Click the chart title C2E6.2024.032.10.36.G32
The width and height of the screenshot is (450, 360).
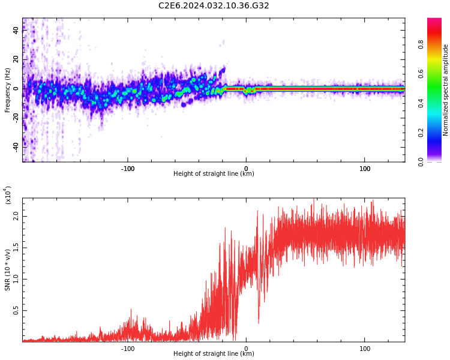click(214, 5)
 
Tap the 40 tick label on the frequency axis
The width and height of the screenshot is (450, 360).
click(16, 30)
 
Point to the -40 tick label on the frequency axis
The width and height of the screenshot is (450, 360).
click(16, 147)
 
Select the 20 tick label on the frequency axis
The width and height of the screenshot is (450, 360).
click(16, 59)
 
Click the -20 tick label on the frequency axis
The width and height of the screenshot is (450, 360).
click(16, 118)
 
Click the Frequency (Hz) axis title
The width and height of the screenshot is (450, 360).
click(7, 90)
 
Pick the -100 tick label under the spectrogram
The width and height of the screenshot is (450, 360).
click(128, 169)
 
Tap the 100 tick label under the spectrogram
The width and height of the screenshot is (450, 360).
click(364, 169)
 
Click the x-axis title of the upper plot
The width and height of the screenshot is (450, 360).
click(214, 173)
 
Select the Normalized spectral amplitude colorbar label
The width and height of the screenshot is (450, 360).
click(445, 90)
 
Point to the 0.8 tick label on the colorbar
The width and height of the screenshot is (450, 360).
click(421, 44)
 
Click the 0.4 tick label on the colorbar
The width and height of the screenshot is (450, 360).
click(421, 103)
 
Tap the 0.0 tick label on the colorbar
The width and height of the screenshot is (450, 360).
click(421, 162)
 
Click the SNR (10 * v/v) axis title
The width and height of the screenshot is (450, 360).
click(7, 270)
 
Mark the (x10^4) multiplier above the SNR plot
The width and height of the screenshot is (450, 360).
click(8, 195)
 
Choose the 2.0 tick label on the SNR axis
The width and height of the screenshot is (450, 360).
click(16, 217)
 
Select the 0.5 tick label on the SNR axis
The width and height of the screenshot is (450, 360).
click(16, 310)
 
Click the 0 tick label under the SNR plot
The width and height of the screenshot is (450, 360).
click(246, 349)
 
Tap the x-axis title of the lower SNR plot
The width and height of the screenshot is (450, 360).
click(214, 353)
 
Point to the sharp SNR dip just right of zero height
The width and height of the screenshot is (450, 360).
click(259, 322)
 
